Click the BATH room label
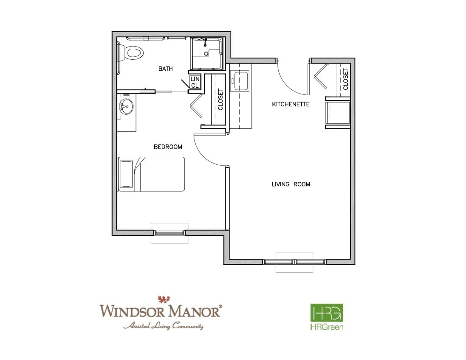165,69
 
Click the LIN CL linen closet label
195,82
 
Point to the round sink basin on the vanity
126,106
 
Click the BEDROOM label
168,147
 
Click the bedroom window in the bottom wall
169,233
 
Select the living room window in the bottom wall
294,262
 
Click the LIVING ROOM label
291,184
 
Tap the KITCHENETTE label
291,104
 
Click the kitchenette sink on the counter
241,81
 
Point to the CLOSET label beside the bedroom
221,100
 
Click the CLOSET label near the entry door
345,79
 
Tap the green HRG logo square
327,313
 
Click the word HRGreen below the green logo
327,327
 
